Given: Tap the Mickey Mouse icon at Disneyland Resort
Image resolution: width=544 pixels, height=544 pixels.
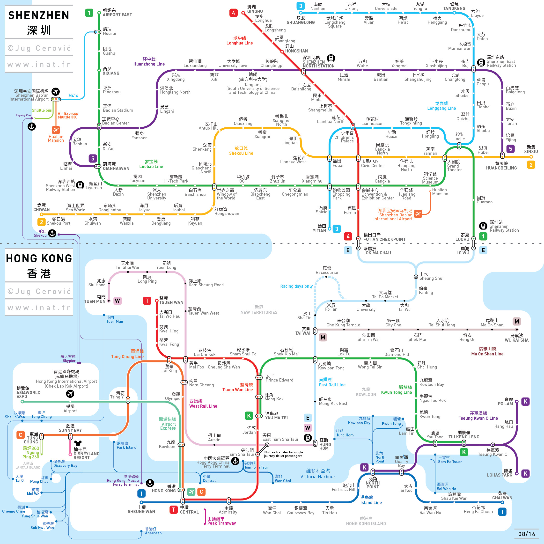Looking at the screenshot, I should (77, 443).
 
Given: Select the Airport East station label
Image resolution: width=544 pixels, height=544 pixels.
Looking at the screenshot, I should (117, 13).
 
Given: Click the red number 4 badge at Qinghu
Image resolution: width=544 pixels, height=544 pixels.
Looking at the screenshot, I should (233, 13).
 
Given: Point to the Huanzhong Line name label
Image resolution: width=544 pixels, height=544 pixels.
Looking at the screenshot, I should (149, 61).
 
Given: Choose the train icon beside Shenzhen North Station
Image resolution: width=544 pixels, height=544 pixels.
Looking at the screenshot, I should (331, 58).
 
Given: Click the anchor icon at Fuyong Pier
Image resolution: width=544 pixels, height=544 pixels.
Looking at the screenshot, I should (31, 126).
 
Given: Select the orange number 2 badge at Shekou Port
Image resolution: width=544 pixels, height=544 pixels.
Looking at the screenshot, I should (41, 222).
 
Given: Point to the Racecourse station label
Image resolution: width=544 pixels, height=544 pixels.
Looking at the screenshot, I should (327, 270).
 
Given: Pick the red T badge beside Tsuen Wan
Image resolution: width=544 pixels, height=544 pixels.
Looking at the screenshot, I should (147, 301).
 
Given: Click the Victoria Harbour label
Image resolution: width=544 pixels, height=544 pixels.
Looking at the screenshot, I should (318, 474).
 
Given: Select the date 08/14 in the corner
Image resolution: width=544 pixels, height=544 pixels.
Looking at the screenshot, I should (527, 534).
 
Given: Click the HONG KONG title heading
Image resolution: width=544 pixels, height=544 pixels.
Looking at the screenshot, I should (39, 258).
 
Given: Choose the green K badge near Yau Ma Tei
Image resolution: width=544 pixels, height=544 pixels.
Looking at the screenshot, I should (249, 416).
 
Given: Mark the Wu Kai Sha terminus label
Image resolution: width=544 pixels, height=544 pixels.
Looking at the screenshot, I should (516, 338).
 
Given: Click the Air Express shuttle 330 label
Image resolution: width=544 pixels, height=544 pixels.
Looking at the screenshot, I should (68, 115).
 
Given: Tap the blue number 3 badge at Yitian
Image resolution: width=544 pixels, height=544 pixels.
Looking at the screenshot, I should (337, 229).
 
